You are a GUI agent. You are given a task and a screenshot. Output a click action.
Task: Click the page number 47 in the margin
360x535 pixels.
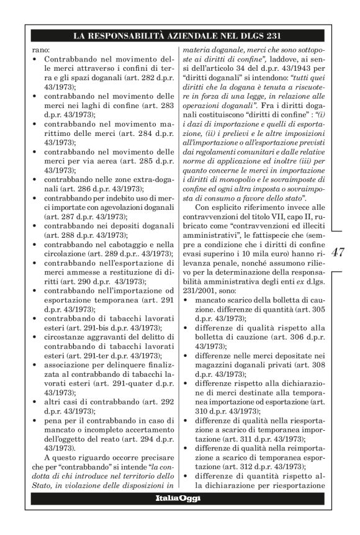(x=338, y=253)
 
